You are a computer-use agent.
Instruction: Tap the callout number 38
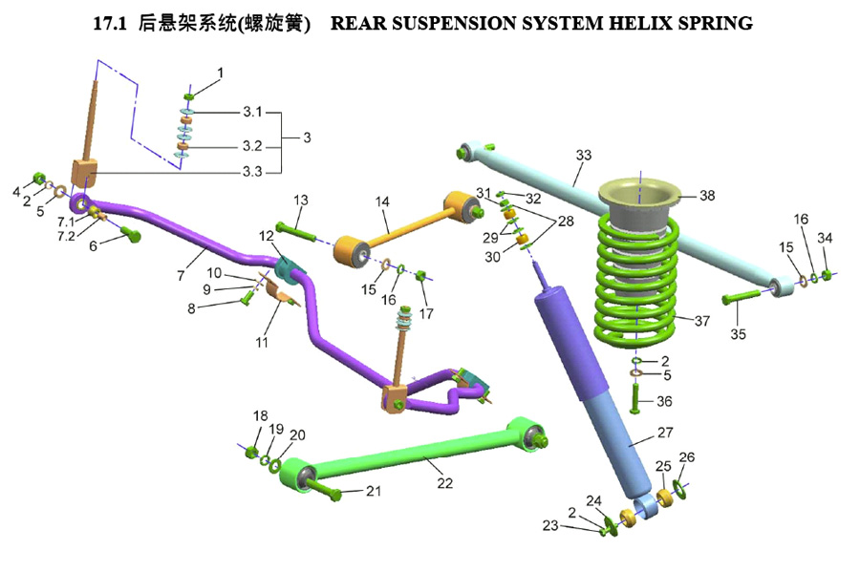tap(706, 196)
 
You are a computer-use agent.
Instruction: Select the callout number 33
tap(583, 155)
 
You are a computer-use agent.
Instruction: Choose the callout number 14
tap(383, 201)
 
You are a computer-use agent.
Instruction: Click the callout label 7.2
tap(66, 235)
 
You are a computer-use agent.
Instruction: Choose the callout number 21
tap(373, 491)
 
